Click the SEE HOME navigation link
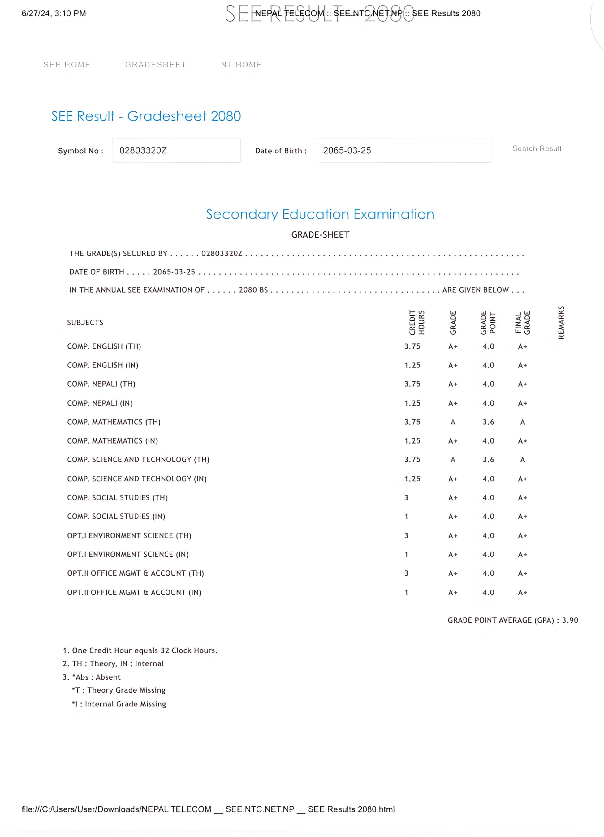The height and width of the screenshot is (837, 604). pos(67,65)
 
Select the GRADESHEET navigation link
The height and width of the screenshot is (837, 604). pos(155,65)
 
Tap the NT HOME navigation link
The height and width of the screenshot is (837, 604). pos(241,65)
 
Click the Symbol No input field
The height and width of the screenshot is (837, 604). pos(176,150)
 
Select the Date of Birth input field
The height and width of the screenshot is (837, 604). pos(403,150)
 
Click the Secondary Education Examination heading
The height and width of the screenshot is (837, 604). pos(320,214)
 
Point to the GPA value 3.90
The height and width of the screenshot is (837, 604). pos(570,620)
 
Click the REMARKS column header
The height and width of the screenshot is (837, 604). pos(561,322)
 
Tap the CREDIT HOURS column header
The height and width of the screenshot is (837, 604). pos(417,322)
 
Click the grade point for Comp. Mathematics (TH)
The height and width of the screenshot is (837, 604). pos(488,422)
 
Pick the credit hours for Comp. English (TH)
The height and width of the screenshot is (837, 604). pos(412,346)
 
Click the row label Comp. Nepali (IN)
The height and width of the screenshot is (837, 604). pos(100,403)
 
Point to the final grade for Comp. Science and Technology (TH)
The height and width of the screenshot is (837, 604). pos(522,459)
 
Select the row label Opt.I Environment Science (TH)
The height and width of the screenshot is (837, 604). pos(129,535)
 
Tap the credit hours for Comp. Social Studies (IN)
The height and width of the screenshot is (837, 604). pos(406,516)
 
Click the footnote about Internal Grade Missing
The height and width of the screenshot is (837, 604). pos(119,704)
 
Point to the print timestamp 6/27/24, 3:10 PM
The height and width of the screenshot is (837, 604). pos(54,13)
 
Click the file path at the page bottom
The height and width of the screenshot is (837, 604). pos(208,809)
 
